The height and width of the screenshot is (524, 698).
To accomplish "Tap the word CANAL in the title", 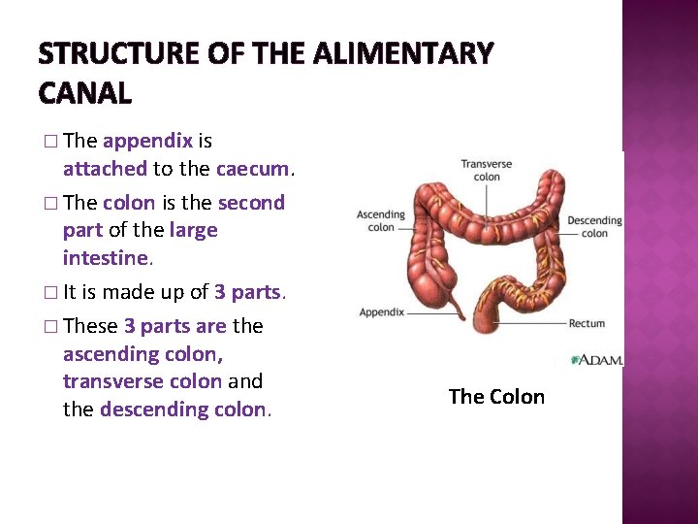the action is (84, 93).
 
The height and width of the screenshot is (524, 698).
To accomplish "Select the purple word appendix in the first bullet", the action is (147, 141).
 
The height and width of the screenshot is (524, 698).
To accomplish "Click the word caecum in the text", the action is (252, 169).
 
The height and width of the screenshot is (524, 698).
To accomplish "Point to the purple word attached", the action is (105, 169).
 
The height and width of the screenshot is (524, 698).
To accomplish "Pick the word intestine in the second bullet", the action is (105, 258).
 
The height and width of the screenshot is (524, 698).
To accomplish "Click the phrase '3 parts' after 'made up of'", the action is (246, 292).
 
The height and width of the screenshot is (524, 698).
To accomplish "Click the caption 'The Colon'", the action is (496, 397).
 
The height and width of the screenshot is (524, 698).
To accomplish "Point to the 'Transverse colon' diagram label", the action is (487, 171).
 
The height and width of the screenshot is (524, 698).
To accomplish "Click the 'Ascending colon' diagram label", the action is (380, 221).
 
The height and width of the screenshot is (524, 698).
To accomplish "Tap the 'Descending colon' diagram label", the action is (594, 227).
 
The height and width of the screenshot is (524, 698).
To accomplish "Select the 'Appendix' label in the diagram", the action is (381, 312).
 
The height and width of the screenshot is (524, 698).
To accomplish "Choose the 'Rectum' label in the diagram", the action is (587, 323).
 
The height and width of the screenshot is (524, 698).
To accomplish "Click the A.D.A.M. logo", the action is (596, 360).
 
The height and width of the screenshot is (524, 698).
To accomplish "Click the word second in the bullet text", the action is (251, 203).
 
